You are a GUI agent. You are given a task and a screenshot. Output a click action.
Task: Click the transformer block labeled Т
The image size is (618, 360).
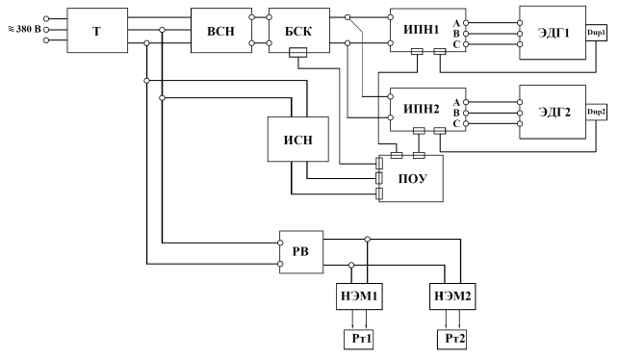tap(97, 31)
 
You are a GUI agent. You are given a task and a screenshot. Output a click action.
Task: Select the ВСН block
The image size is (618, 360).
tap(221, 31)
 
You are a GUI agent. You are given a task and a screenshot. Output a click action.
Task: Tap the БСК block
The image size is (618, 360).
tap(299, 31)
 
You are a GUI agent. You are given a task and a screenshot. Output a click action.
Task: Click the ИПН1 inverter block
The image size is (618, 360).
tap(428, 31)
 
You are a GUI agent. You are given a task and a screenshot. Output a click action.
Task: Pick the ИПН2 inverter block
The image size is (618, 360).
tap(428, 109)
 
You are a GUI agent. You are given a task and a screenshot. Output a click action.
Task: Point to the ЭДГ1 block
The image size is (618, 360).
tap(553, 33)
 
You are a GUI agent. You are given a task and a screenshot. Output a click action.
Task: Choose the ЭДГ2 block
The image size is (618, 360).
tap(553, 112)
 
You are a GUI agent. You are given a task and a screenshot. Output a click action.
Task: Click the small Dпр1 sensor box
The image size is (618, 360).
tap(596, 33)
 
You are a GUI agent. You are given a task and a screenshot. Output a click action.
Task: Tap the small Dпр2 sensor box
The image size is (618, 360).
tap(596, 112)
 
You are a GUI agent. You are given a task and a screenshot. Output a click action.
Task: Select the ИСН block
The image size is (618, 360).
tap(298, 140)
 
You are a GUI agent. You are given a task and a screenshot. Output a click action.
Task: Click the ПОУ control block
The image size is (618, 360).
tap(411, 178)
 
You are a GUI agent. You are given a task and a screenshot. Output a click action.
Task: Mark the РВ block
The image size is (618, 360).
tap(301, 252)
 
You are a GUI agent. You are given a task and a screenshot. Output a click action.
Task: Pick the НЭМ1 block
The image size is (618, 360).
tap(359, 296)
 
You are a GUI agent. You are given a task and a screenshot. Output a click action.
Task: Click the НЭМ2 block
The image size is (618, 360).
tap(452, 296)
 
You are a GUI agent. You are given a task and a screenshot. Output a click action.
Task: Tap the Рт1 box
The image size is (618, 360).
tap(359, 339)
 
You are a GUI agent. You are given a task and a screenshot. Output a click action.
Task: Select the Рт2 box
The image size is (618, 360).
tap(451, 339)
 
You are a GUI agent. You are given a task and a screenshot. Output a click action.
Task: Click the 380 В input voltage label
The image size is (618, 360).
tap(24, 29)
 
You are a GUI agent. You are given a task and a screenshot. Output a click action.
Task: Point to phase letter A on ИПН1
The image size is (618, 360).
tap(456, 23)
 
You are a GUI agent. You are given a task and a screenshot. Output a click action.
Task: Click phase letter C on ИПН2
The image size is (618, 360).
tap(456, 124)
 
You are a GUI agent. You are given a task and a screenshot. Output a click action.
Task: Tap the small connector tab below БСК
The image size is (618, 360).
tap(298, 52)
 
